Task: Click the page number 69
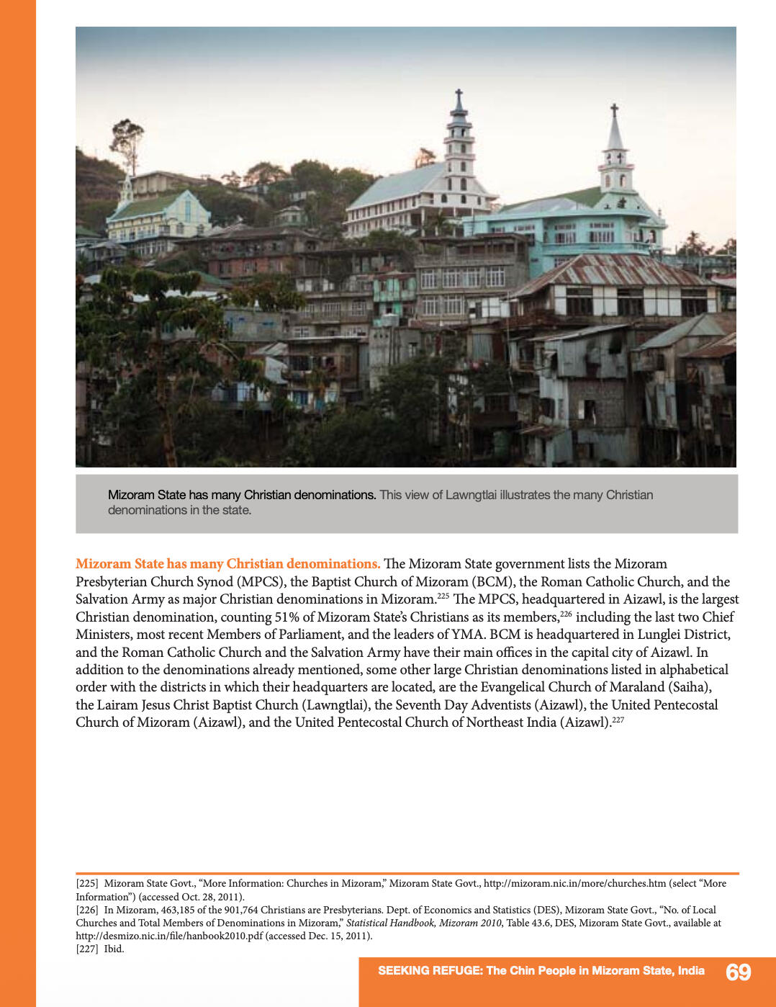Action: click(738, 972)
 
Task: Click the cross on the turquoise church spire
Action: click(614, 110)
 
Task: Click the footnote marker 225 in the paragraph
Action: click(443, 596)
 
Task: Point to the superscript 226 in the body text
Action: click(566, 614)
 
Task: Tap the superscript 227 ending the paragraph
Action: click(618, 719)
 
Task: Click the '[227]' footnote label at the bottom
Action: click(87, 949)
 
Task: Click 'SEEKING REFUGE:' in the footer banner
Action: click(430, 970)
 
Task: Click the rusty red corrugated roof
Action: click(612, 270)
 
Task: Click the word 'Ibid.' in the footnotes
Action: click(114, 949)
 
